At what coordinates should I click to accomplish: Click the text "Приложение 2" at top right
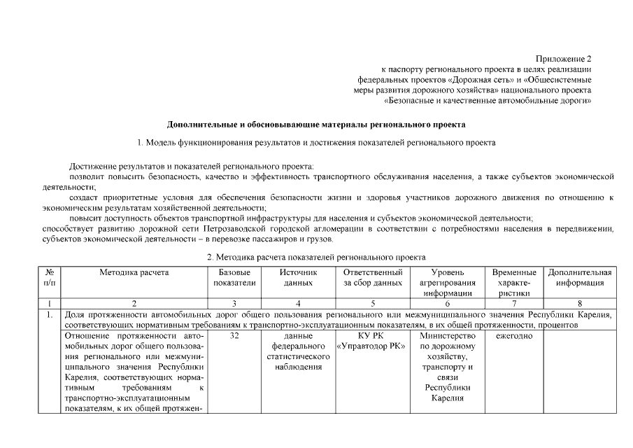tap(564, 58)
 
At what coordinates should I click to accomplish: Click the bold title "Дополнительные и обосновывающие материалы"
tap(315, 125)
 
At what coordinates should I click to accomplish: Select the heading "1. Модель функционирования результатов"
tap(316, 143)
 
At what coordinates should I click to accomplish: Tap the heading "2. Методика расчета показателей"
tap(316, 258)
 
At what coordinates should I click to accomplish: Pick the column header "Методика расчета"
tap(134, 272)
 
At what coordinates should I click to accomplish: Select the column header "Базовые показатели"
tap(234, 277)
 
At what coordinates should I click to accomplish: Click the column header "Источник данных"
tap(298, 277)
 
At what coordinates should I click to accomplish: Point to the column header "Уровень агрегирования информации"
tap(447, 283)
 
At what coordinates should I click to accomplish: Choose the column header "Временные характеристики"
tap(514, 283)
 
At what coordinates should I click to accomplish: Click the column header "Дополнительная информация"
tap(579, 277)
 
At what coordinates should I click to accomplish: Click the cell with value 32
tap(234, 336)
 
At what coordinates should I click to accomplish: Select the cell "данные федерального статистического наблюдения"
tap(298, 352)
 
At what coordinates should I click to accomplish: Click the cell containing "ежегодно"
tap(514, 336)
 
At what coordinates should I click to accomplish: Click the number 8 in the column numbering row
tap(579, 303)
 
